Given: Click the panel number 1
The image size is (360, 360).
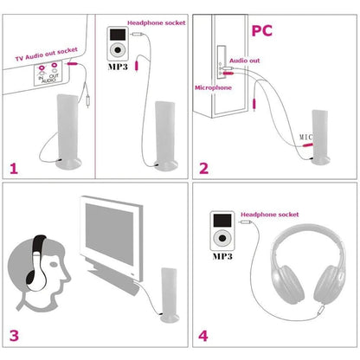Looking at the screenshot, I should tap(15, 168).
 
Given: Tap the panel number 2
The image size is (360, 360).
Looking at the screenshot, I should tap(203, 168).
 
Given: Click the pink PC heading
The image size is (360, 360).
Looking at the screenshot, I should tap(263, 31).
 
